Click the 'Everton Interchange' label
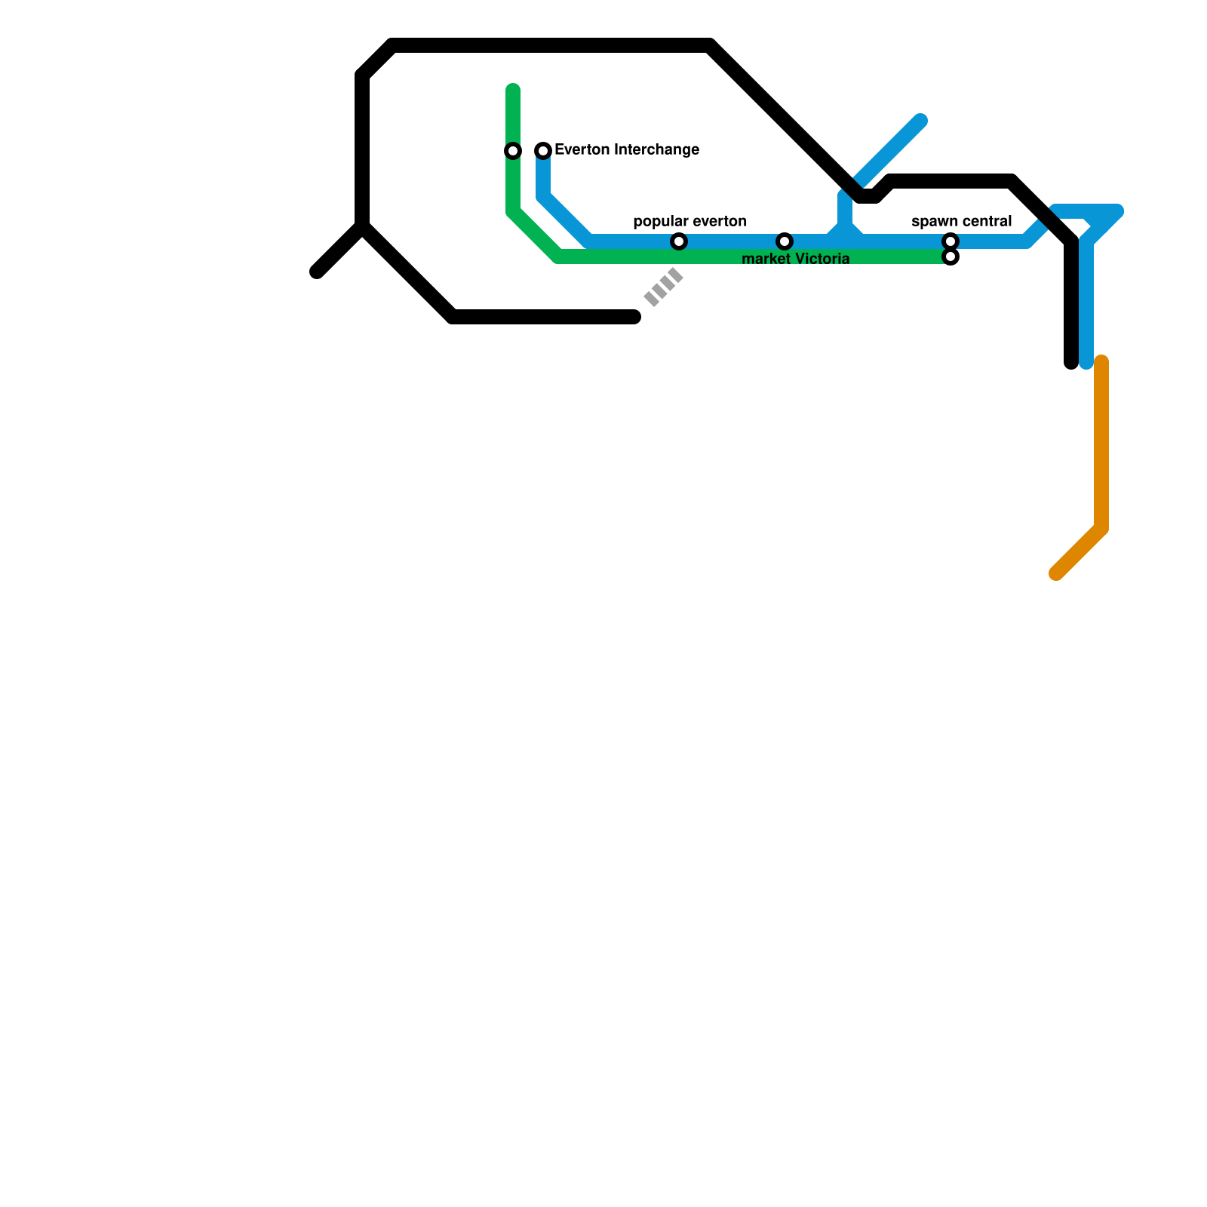(626, 150)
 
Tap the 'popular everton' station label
(689, 221)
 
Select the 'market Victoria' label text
(796, 260)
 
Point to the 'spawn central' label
(961, 221)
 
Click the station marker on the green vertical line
(513, 151)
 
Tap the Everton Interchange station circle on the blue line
(543, 151)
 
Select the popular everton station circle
(679, 241)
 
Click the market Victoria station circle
(785, 241)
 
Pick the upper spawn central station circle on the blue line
(951, 241)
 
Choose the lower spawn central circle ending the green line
(951, 257)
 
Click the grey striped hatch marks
(664, 287)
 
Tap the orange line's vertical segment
(1101, 445)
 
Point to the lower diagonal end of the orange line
(1058, 573)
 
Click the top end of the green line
(513, 91)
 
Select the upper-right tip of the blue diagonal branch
(920, 121)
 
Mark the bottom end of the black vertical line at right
(1071, 363)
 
